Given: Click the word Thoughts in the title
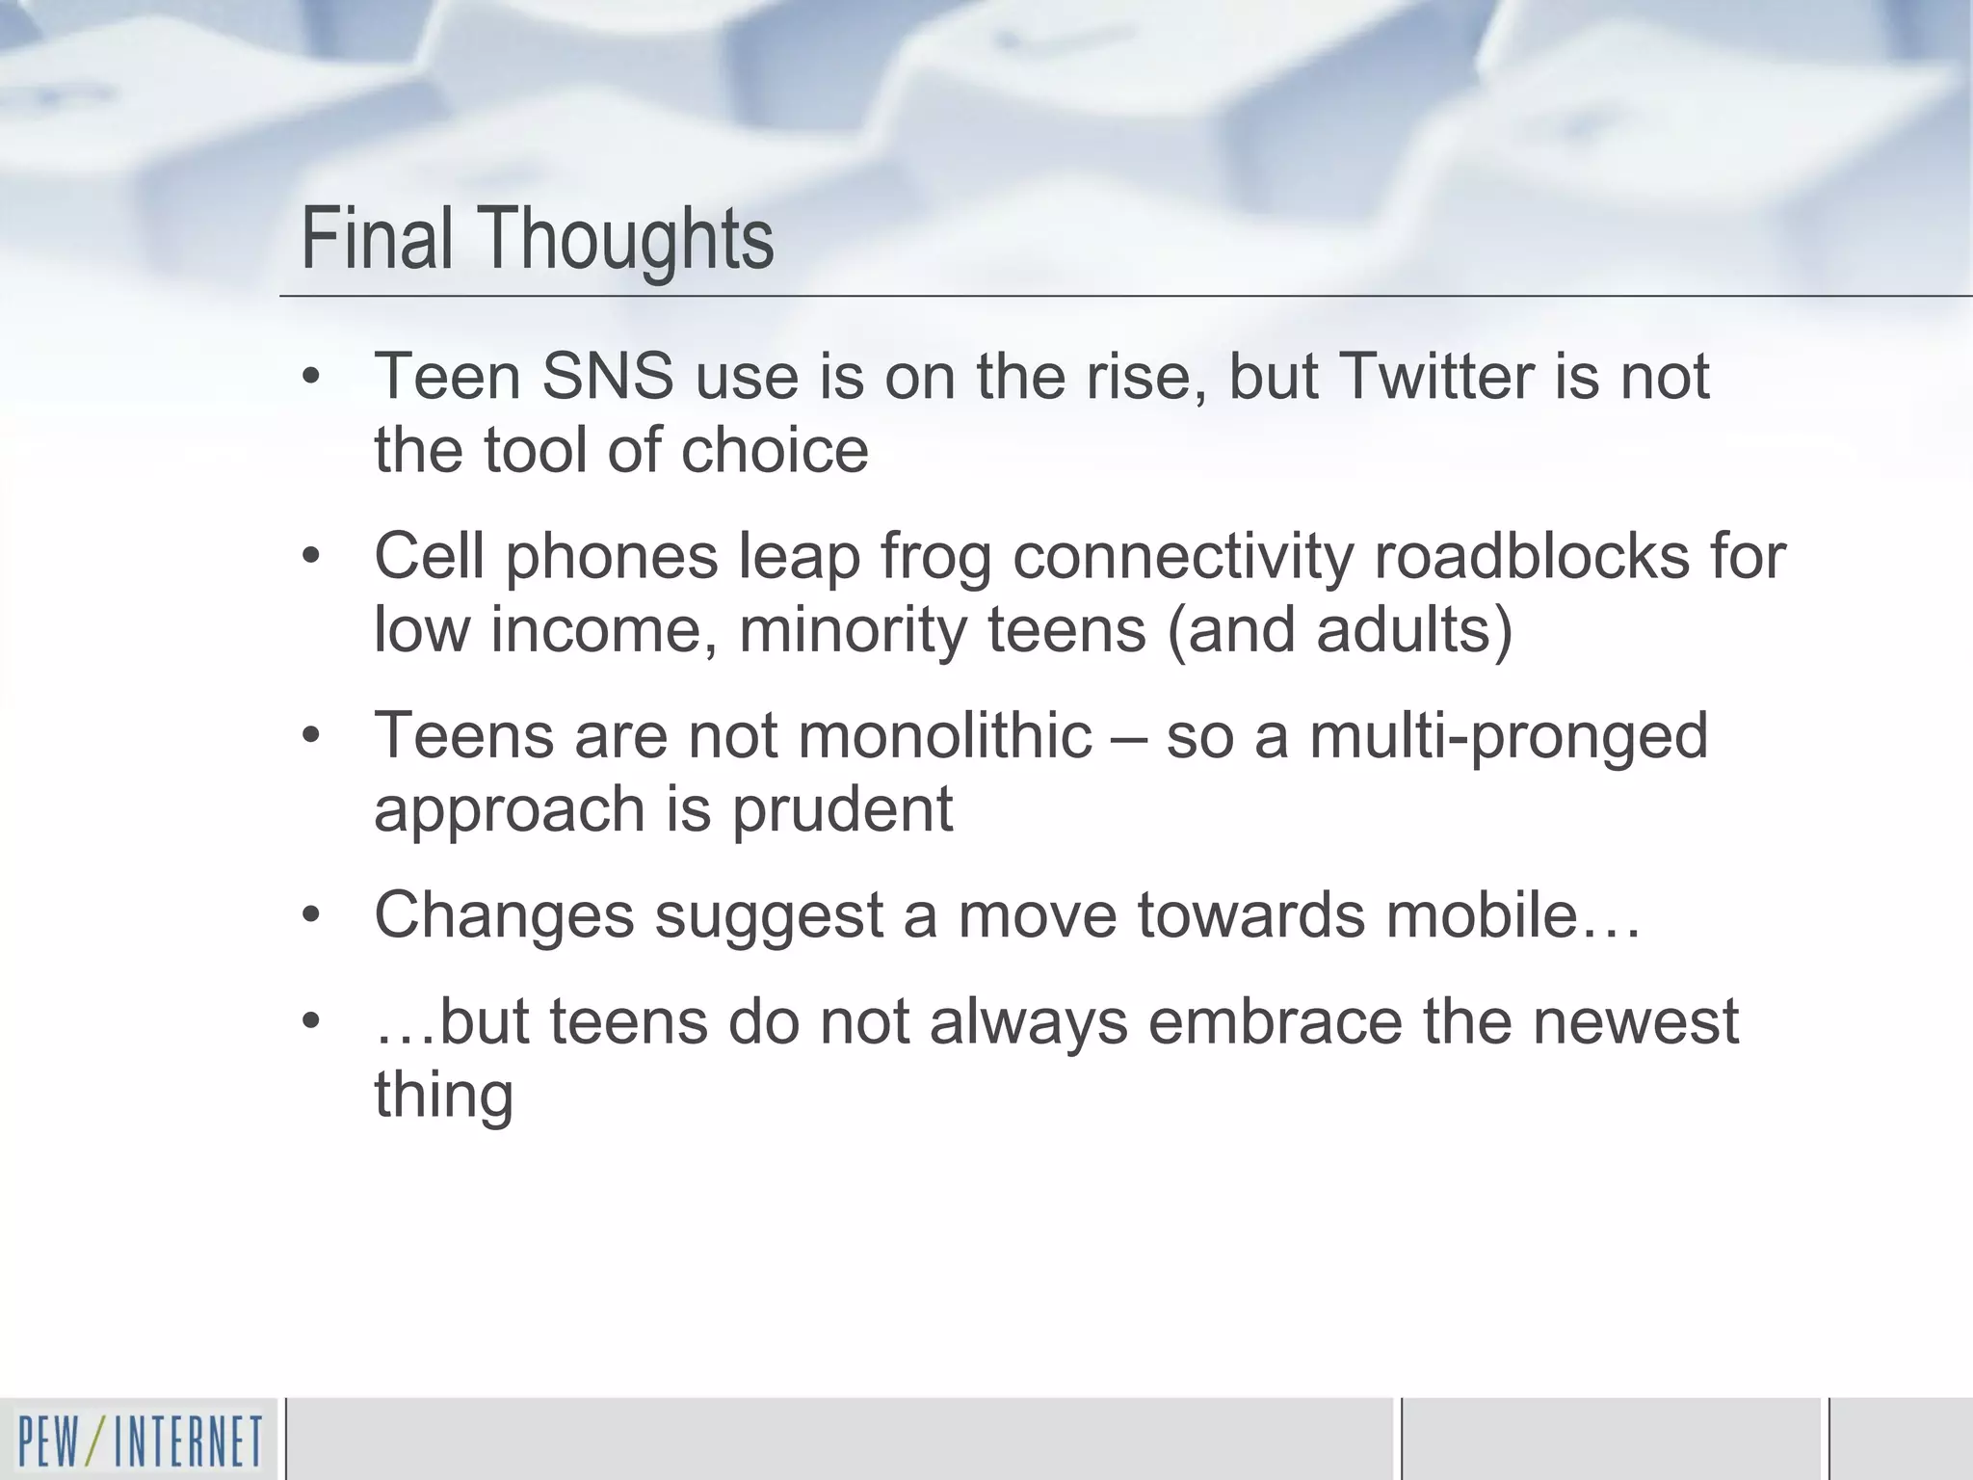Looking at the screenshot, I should click(625, 240).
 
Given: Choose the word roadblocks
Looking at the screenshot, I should click(1531, 556).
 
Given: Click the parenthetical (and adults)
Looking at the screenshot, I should click(1339, 630).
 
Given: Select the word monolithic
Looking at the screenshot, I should click(945, 735).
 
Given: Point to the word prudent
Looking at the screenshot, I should click(842, 809).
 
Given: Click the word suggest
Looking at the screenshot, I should click(769, 916).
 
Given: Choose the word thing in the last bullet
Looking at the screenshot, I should click(443, 1096).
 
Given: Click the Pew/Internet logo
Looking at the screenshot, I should click(140, 1440).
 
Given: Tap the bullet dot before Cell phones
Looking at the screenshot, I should click(310, 557).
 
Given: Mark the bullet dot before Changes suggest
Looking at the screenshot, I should click(310, 915).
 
